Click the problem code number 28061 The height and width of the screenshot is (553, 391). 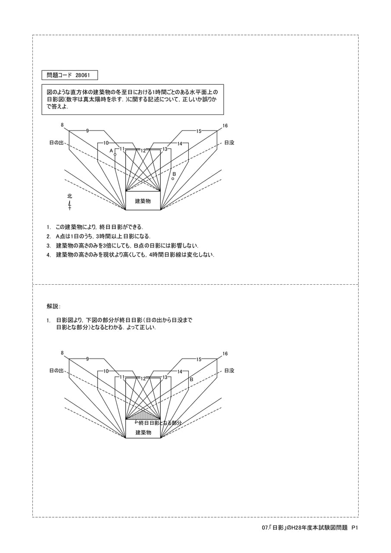point(83,75)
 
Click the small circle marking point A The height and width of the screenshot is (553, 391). point(115,154)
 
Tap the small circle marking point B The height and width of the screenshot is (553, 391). point(173,178)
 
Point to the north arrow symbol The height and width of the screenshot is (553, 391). point(70,205)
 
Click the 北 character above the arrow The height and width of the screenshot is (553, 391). point(70,196)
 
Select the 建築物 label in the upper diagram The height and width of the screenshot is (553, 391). point(143,201)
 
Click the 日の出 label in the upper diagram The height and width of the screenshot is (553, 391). point(57,143)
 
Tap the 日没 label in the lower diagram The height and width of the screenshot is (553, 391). point(229,371)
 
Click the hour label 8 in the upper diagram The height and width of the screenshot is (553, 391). point(62,125)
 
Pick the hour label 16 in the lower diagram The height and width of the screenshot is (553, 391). point(225,354)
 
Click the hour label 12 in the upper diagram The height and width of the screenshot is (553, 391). point(143,151)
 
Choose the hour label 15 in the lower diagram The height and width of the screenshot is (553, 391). point(199,359)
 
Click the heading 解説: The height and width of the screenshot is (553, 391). point(54,306)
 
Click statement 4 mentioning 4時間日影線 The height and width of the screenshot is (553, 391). point(130,255)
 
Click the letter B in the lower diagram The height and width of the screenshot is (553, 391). point(191,379)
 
